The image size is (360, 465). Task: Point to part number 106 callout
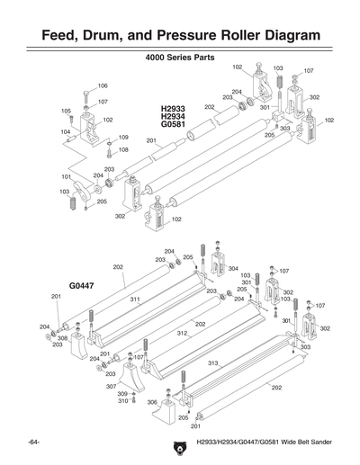(103, 85)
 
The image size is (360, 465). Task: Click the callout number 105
(66, 111)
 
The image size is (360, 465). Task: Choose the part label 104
(66, 131)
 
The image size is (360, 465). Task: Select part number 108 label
(123, 149)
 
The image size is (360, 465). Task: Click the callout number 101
(66, 176)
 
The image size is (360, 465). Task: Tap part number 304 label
(232, 268)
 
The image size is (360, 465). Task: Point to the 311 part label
(133, 299)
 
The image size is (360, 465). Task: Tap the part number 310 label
(122, 401)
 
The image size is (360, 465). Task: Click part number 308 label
(63, 338)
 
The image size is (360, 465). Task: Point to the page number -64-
(32, 443)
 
